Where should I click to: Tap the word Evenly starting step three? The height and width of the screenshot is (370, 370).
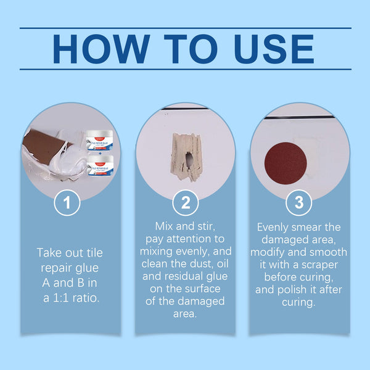pyautogui.click(x=276, y=227)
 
